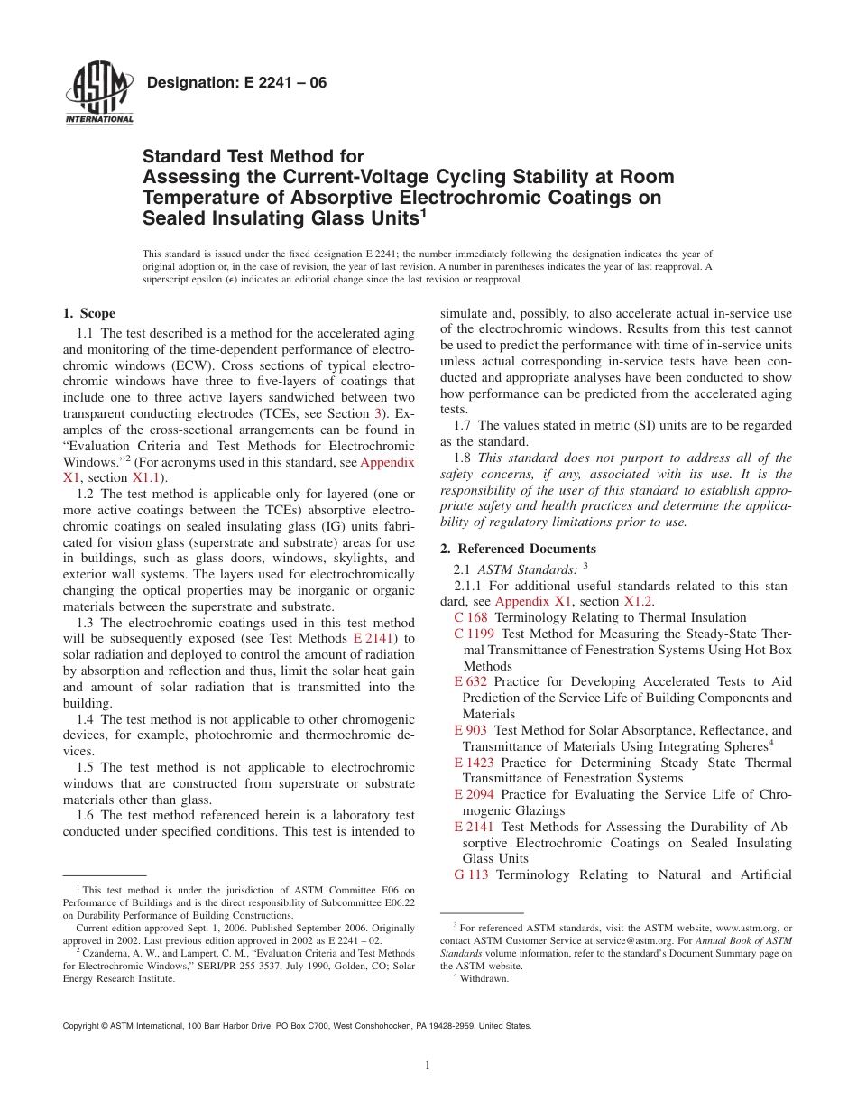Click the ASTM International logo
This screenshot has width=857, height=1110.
point(98,93)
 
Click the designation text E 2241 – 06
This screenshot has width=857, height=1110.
point(235,84)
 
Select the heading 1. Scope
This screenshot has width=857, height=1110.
point(88,313)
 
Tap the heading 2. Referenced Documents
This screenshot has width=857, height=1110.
point(518,549)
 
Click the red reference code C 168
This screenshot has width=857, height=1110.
point(472,617)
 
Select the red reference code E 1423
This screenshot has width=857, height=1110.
point(475,763)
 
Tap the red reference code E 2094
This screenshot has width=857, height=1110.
point(475,794)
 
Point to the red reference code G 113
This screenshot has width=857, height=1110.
point(472,874)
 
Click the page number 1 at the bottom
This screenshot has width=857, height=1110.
point(428,1065)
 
